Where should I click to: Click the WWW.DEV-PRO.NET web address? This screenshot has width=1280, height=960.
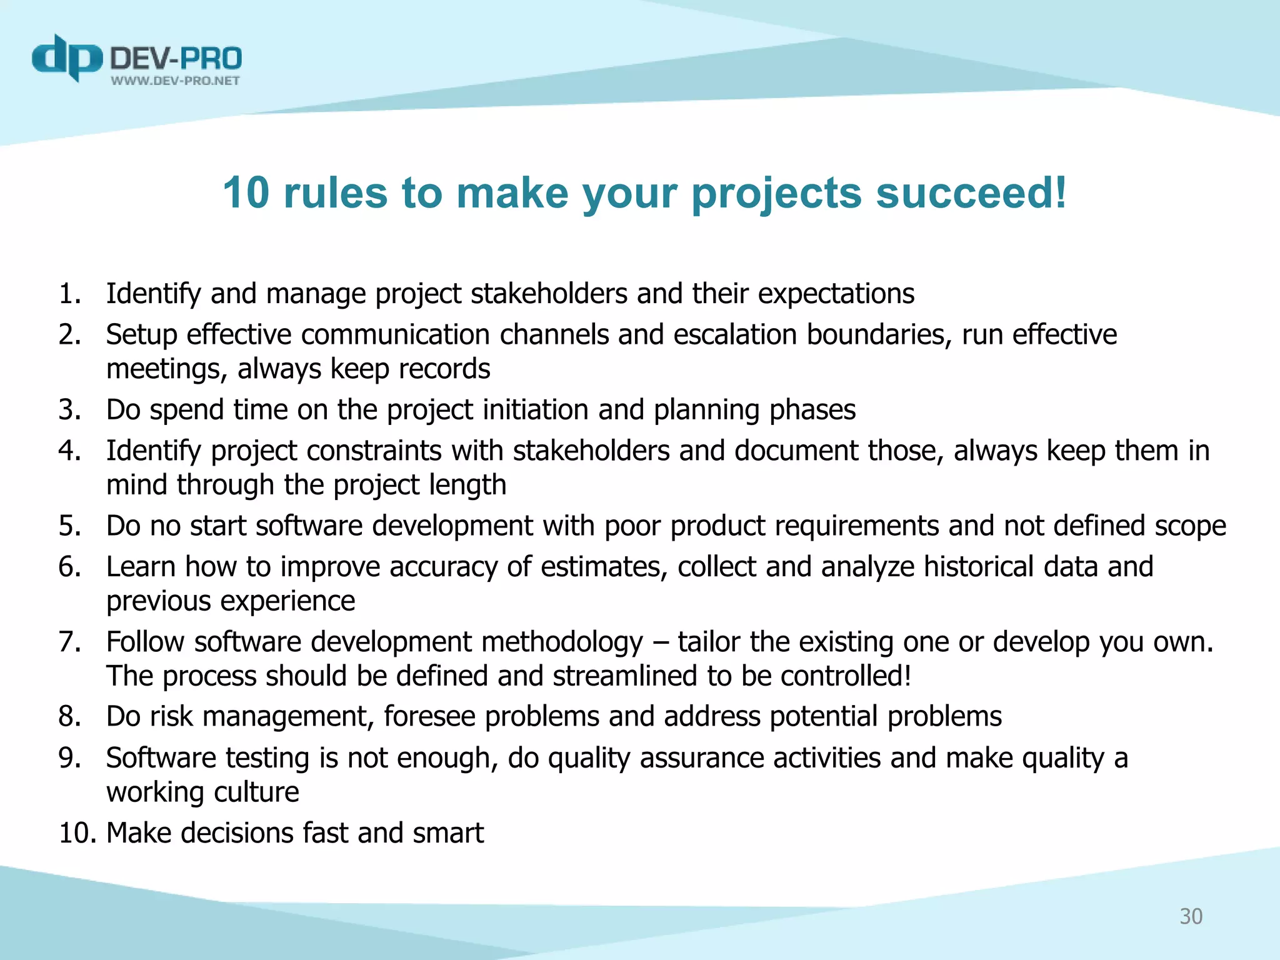tap(175, 81)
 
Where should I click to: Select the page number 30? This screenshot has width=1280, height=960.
tap(1191, 916)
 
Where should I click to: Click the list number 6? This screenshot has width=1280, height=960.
tap(69, 567)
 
